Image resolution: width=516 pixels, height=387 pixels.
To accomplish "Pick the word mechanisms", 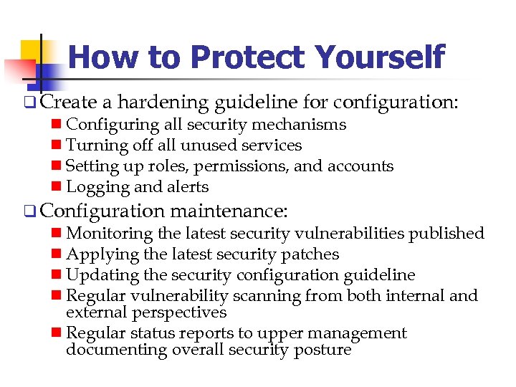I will (x=302, y=125).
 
